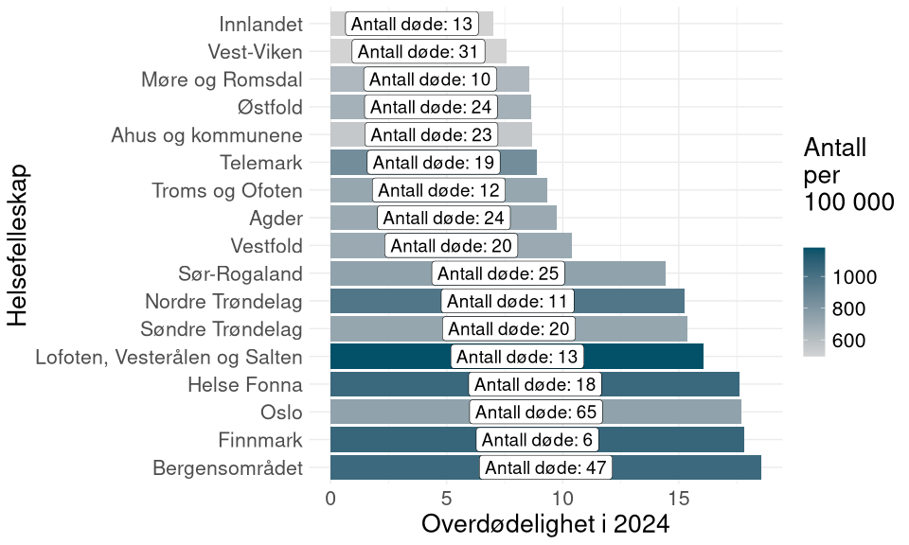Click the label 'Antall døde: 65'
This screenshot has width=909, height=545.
click(537, 413)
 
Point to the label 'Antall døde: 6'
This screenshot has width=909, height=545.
click(537, 440)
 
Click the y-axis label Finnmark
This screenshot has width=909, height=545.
click(260, 440)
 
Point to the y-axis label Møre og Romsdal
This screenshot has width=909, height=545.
click(221, 79)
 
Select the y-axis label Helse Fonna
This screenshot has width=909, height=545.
click(244, 385)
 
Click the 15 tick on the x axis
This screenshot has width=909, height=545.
click(678, 497)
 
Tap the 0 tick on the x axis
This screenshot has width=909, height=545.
click(330, 497)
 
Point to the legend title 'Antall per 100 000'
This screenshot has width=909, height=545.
click(848, 175)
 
